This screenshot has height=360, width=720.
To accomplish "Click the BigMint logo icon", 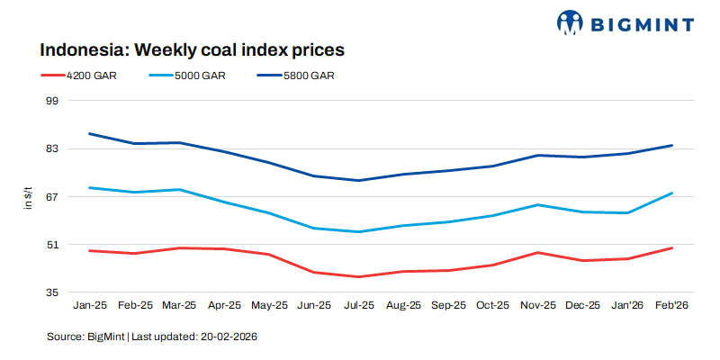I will [570, 22].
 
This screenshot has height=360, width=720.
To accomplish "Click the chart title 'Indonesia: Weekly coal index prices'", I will [192, 49].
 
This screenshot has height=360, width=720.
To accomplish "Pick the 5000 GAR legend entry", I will [201, 76].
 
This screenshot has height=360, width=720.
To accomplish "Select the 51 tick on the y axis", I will [51, 244].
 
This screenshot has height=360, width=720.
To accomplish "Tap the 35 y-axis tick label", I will [51, 292].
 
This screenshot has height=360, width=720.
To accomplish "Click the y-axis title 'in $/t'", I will [28, 198].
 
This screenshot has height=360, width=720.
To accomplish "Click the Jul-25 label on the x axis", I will [358, 306].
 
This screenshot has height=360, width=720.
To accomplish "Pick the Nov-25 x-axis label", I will [537, 306].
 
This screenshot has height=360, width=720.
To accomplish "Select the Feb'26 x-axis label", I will [671, 306].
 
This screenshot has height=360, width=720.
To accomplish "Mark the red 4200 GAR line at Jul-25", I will [358, 276].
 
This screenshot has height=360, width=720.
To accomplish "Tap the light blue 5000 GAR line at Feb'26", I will [671, 193].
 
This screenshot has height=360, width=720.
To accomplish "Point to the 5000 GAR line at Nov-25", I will [537, 204].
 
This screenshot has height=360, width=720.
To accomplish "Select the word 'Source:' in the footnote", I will [65, 337].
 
